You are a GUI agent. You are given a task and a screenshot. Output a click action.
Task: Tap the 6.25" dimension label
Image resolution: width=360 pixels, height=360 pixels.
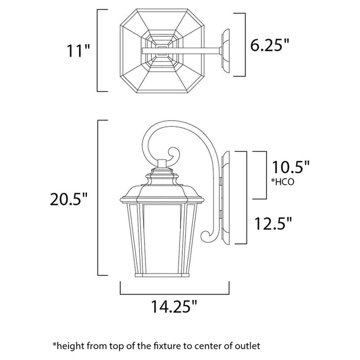pyautogui.click(x=270, y=45)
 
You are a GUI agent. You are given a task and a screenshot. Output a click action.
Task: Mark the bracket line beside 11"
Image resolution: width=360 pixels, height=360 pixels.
pyautogui.click(x=99, y=50)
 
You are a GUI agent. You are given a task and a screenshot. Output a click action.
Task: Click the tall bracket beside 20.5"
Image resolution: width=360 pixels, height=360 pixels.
pyautogui.click(x=99, y=198)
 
